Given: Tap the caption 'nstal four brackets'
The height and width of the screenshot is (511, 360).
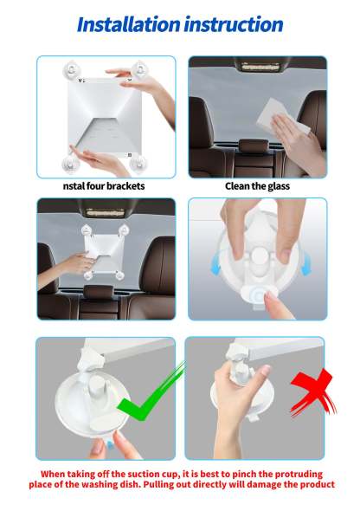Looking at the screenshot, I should point(104,185).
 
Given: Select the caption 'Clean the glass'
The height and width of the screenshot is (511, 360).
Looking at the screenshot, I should point(257,185).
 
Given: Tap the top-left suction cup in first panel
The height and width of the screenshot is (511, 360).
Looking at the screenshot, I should point(69,68).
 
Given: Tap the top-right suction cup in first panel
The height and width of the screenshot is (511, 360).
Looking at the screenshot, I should point(138,68).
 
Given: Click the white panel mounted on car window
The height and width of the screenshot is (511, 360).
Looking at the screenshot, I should point(103,250).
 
